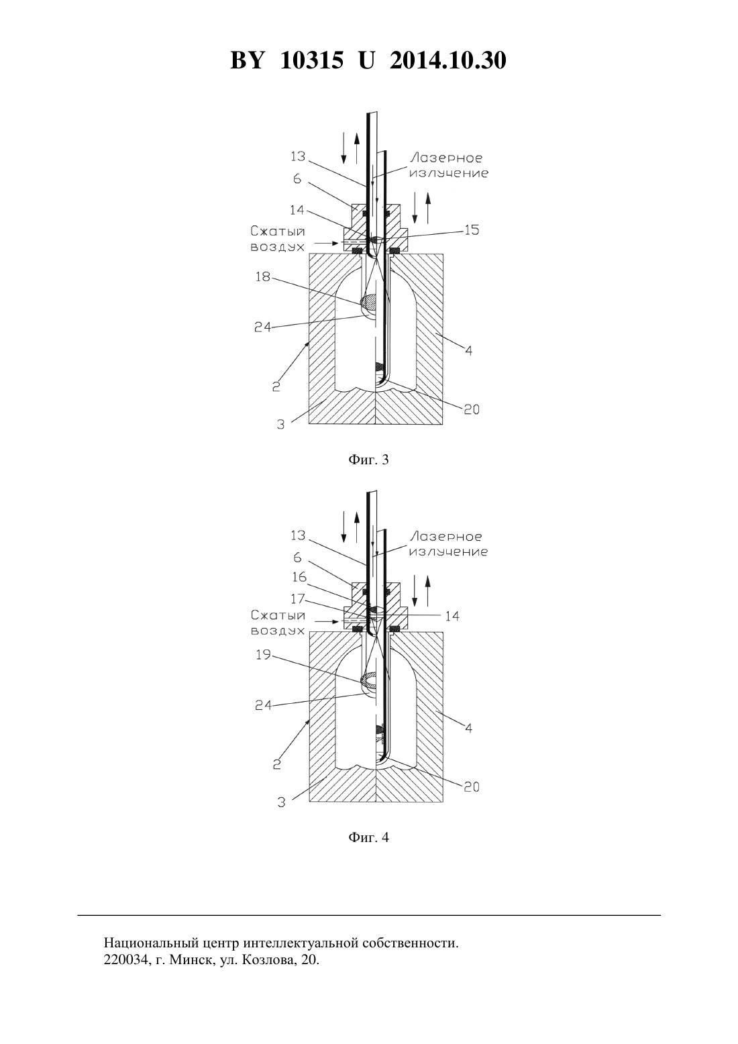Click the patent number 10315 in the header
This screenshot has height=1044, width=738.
pos(312,60)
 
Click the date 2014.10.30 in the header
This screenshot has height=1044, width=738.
pos(447,60)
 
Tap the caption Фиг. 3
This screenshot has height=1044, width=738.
pos(368,460)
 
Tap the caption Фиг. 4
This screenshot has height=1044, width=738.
pos(368,837)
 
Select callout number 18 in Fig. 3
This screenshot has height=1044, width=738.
pos(263,276)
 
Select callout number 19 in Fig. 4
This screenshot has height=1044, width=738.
pos(263,654)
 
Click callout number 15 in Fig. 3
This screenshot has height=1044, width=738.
pos(472,229)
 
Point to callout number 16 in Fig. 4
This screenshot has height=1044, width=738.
pos(299,577)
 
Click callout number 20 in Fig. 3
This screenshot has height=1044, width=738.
pos(472,409)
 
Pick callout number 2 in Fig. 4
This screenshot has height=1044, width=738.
pos(276,765)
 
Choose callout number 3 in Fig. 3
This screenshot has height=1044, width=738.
pos(280,425)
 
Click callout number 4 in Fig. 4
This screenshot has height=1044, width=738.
pos(469,728)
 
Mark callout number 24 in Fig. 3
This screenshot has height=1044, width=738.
pos(263,327)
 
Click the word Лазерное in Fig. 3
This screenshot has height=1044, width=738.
pos(446,158)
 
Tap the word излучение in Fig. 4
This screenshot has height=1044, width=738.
pos(448,552)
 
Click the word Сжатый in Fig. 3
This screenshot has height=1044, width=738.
pos(278,231)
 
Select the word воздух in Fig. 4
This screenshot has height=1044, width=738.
pos(278,631)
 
